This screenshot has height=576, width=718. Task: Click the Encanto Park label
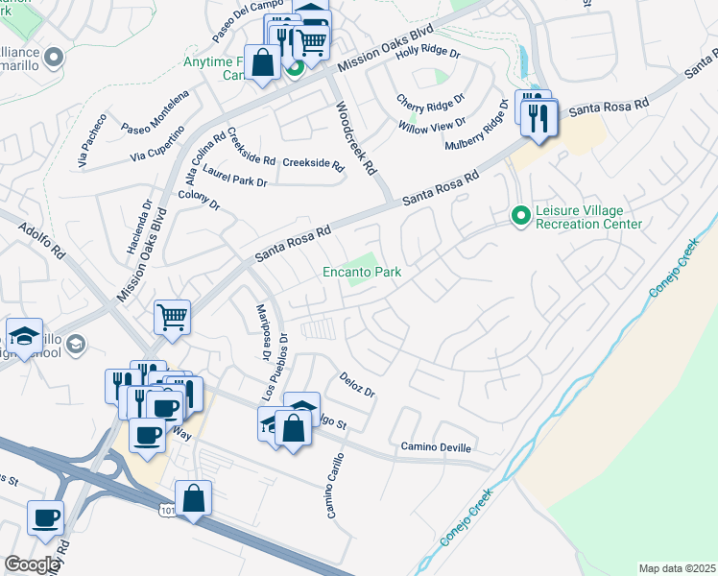click(x=361, y=273)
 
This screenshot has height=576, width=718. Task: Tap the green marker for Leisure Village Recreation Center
click(x=521, y=215)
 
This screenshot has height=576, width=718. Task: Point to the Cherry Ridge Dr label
click(x=431, y=100)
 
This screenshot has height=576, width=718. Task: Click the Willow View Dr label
click(x=433, y=124)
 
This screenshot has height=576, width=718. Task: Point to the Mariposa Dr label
click(x=260, y=333)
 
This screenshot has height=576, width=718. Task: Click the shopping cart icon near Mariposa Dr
click(x=172, y=315)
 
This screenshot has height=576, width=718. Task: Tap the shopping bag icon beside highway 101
click(x=194, y=497)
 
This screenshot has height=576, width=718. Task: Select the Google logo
click(x=33, y=564)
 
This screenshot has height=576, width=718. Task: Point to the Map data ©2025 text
click(x=676, y=568)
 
